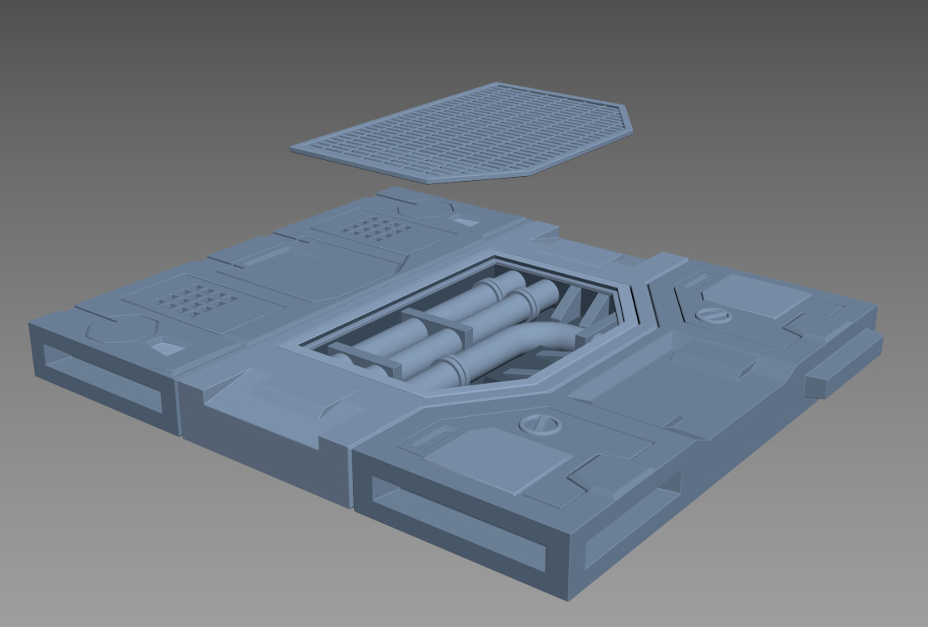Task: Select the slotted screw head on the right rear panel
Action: coord(715,314)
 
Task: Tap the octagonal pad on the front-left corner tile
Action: coord(121,329)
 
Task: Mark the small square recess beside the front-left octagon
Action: coord(167,348)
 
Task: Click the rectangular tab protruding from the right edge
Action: coord(843,364)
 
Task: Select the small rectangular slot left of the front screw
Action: coord(428,439)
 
